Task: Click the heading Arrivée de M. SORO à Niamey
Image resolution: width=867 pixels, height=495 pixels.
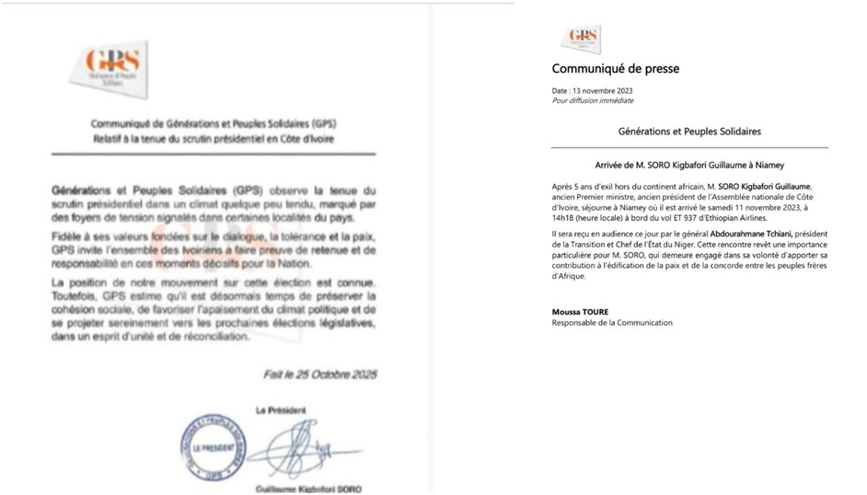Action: (689, 165)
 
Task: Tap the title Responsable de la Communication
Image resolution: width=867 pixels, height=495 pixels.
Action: (611, 322)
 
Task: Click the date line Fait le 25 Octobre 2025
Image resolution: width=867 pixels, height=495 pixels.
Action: (318, 374)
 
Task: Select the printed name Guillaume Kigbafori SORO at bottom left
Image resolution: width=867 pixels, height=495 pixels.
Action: (307, 489)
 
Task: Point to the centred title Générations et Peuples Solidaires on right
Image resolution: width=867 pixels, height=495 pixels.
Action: (689, 132)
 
